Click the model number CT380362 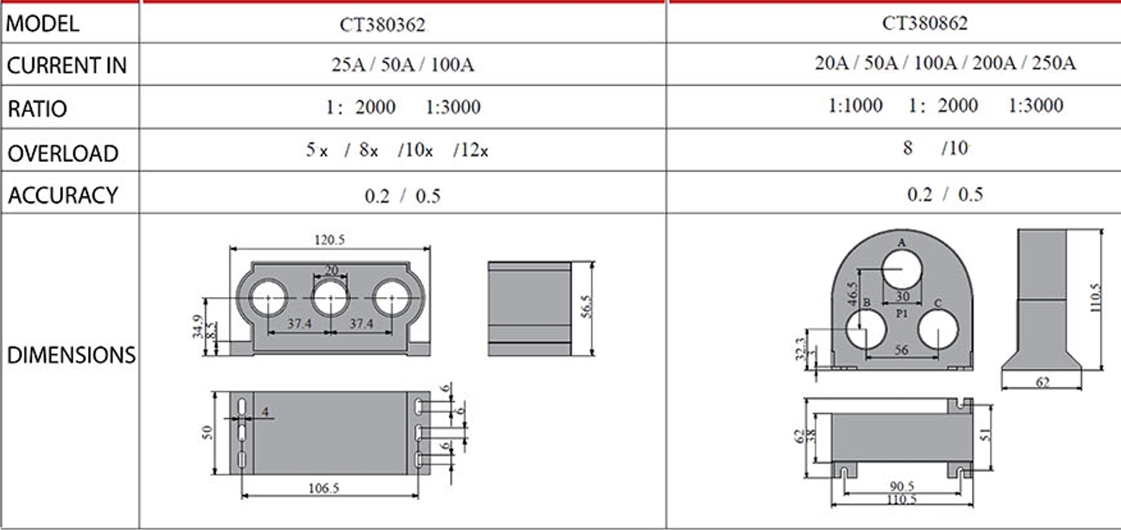382,25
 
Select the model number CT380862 925,23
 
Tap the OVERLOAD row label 63,153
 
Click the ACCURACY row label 63,195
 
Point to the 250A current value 1053,63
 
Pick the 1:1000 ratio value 855,106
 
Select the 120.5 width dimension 329,240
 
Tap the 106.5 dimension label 324,488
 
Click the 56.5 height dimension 586,307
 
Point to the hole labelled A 901,270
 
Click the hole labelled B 866,329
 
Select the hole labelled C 938,329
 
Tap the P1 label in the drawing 902,314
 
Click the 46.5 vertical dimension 852,294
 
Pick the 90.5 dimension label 901,486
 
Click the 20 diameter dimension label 332,270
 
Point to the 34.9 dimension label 198,327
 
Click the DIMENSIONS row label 71,355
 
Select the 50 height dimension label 207,433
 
